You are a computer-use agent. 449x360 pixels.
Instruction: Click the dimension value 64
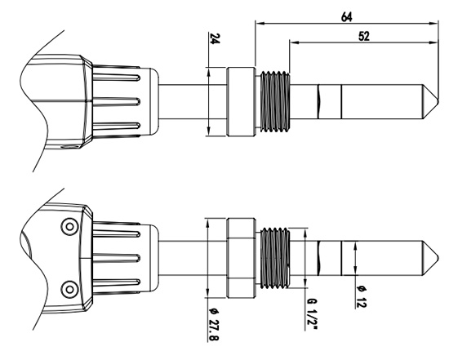346,17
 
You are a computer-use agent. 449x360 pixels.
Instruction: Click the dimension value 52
363,36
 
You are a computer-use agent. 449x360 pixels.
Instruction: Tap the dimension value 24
215,38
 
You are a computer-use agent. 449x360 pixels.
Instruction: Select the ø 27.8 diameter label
214,324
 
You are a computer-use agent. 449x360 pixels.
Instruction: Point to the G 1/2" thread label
312,314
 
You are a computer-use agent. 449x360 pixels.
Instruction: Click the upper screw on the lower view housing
69,227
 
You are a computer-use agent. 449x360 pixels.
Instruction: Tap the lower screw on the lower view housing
69,289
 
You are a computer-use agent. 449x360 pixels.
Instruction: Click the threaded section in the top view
274,102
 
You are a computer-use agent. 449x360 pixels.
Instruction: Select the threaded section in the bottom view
274,258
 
